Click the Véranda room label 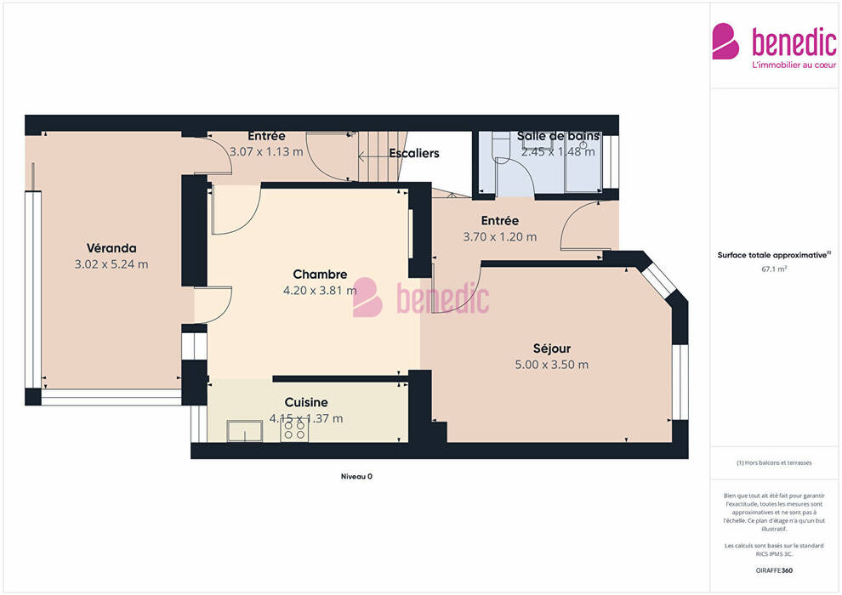click(x=111, y=248)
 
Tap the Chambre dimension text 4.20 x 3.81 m click(x=320, y=290)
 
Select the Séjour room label click(x=551, y=348)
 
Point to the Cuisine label click(x=306, y=402)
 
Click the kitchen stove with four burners click(x=294, y=431)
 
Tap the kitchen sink click(x=245, y=431)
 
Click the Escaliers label click(x=414, y=154)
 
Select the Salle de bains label click(x=558, y=136)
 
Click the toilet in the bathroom click(x=500, y=149)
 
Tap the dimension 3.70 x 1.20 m click(x=500, y=236)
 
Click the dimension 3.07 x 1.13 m click(x=266, y=152)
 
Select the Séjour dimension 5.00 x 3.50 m click(x=551, y=365)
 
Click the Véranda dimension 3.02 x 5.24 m click(x=111, y=264)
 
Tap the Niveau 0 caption click(x=356, y=477)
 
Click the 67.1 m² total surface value click(x=774, y=269)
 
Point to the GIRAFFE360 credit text click(x=774, y=570)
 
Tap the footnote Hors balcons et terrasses click(x=774, y=462)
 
